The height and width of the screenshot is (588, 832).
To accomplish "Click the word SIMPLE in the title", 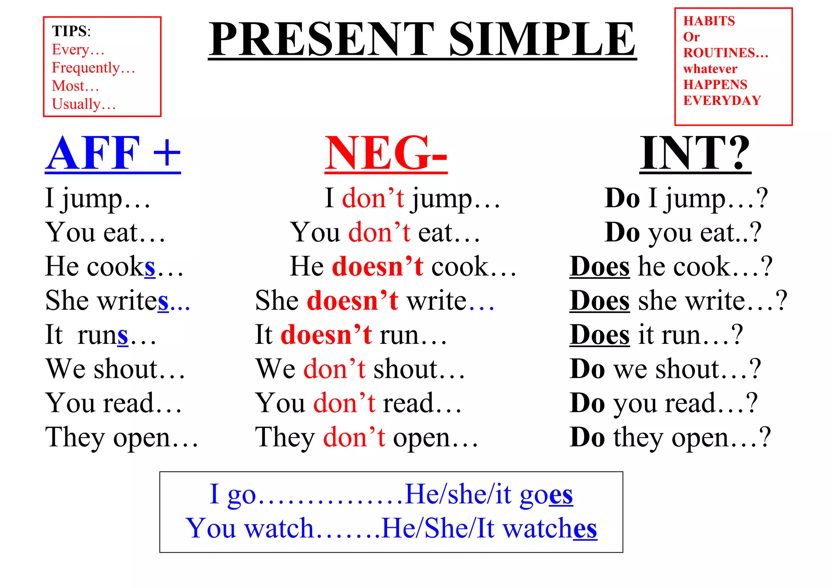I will pyautogui.click(x=542, y=39).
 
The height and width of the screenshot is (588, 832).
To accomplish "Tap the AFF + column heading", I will pyautogui.click(x=113, y=154).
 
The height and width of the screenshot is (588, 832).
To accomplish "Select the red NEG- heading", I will pyautogui.click(x=386, y=154).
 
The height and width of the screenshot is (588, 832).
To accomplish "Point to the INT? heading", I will pyautogui.click(x=695, y=154).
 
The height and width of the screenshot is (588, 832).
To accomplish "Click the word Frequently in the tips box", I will pyautogui.click(x=86, y=67).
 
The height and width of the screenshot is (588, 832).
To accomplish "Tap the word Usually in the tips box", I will pyautogui.click(x=76, y=104).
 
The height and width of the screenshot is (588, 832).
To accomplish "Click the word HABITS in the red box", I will pyautogui.click(x=709, y=21).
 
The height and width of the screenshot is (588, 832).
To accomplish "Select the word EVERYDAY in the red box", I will pyautogui.click(x=722, y=100).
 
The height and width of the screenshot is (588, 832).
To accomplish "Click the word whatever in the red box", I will pyautogui.click(x=710, y=69).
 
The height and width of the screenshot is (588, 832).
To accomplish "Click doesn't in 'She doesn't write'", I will pyautogui.click(x=352, y=301).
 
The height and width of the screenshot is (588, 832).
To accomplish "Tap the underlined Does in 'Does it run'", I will pyautogui.click(x=599, y=335).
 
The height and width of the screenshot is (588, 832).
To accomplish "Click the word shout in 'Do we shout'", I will pyautogui.click(x=687, y=369).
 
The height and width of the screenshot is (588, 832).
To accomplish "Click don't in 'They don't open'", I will pyautogui.click(x=354, y=438).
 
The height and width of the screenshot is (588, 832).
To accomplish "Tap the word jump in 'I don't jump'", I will pyautogui.click(x=441, y=199).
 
